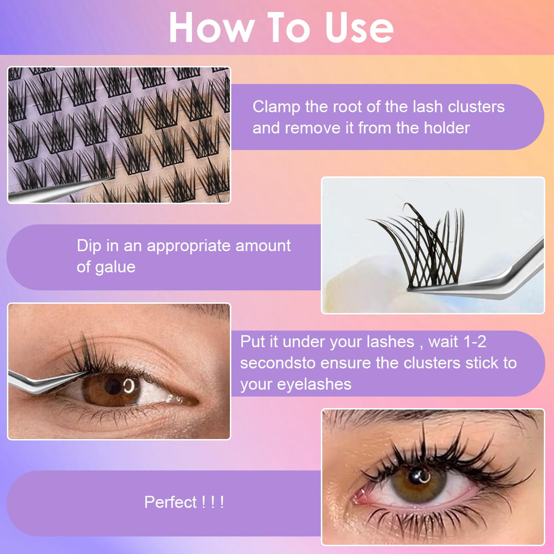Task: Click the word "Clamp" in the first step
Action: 276,107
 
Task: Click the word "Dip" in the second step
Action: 89,246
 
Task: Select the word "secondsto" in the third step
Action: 277,363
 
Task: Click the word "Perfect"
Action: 170,502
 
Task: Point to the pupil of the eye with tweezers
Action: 114,386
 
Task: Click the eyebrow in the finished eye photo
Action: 415,418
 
